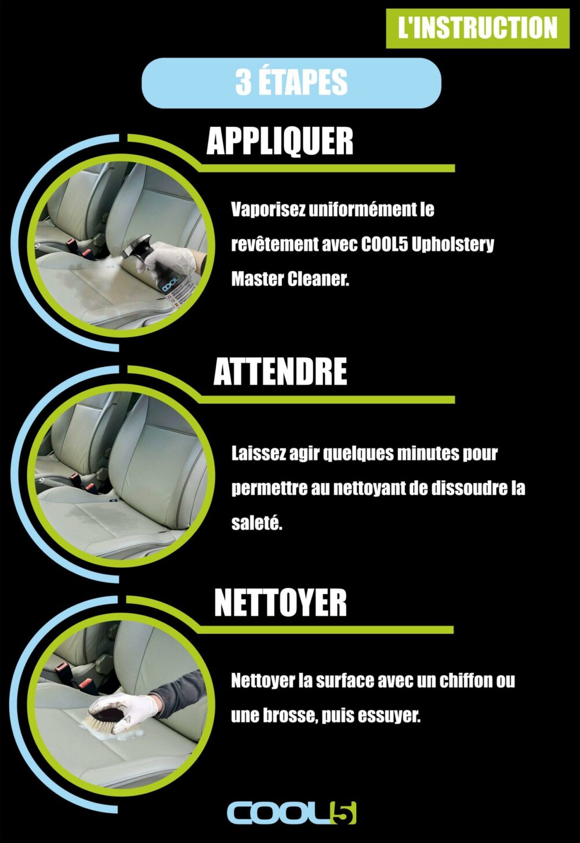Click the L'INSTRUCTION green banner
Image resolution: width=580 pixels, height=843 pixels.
(x=477, y=28)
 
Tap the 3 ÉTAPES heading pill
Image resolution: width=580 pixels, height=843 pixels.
(x=291, y=83)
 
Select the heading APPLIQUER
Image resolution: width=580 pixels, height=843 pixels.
(x=280, y=141)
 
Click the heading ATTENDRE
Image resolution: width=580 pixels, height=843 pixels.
(x=280, y=372)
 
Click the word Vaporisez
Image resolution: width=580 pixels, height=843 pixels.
(x=268, y=210)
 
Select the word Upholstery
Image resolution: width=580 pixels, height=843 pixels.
(x=452, y=245)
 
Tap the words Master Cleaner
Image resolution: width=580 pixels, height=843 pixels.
(x=290, y=279)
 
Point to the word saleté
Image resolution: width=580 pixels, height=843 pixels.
(x=256, y=524)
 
